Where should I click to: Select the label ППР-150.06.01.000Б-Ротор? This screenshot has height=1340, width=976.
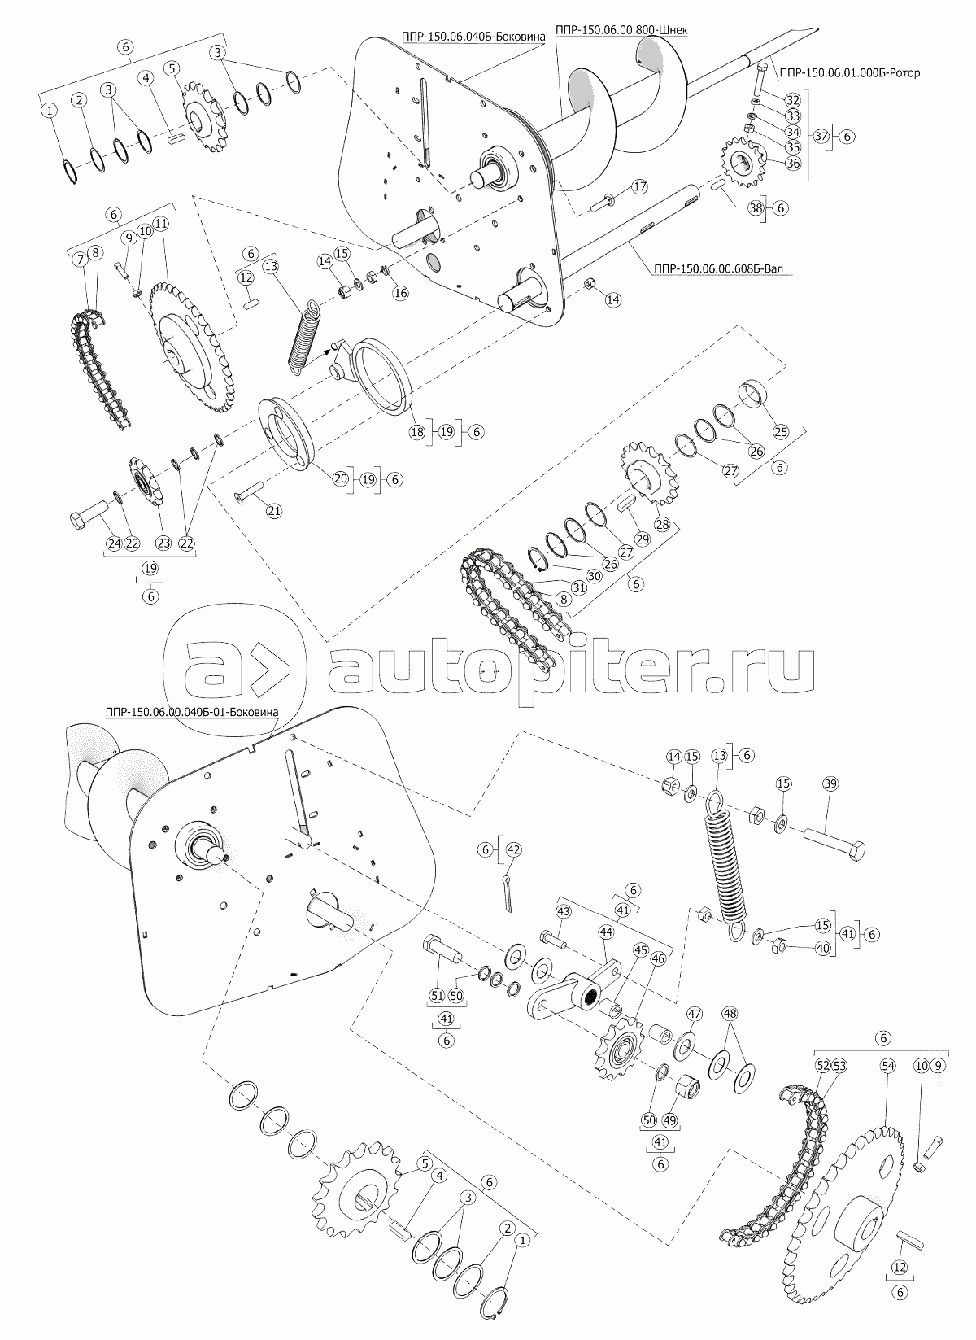pos(849,73)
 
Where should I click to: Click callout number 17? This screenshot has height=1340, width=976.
pos(639,186)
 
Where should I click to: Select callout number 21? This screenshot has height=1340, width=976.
pos(274,511)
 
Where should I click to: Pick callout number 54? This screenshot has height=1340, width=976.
pos(887,1066)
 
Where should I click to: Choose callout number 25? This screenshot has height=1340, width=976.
pos(781,430)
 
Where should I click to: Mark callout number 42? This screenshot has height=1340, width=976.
pos(514,849)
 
